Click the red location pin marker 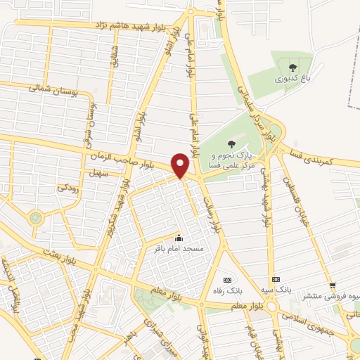181,165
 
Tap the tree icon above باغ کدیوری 292,67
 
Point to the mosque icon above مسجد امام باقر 178,238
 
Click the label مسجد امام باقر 178,248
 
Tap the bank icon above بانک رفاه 226,278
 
